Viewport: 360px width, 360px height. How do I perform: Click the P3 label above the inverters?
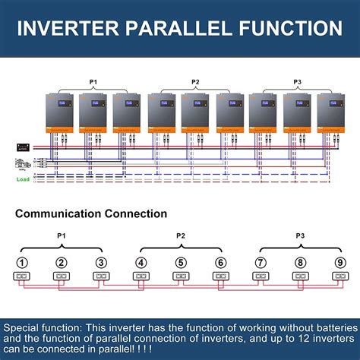tap(297, 81)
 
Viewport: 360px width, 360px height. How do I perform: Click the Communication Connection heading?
tap(91, 214)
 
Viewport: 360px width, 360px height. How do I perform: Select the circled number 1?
tap(24, 264)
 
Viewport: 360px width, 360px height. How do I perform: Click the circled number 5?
tap(181, 264)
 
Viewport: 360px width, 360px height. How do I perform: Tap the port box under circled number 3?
tap(102, 277)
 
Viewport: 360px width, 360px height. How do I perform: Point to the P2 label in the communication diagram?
tap(181, 236)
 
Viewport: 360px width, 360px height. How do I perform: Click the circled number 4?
tap(141, 264)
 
